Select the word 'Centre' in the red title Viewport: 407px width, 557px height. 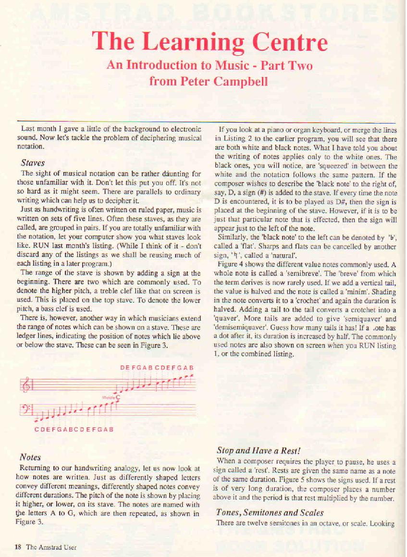tap(291, 43)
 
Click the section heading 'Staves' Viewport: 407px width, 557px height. tap(33, 163)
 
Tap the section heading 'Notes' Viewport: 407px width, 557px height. tap(30, 457)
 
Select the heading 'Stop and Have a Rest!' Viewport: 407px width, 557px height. tap(259, 451)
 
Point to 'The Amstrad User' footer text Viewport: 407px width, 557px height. tap(51, 546)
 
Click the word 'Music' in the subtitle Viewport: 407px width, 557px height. tap(227, 65)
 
